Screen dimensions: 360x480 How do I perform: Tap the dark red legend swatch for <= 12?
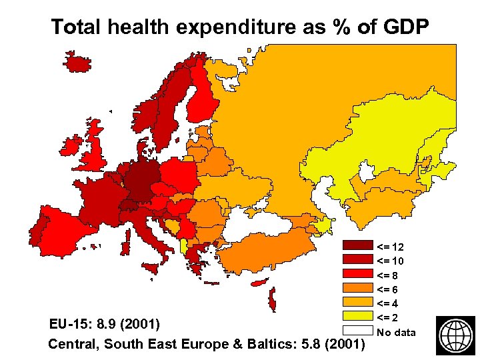coord(357,246)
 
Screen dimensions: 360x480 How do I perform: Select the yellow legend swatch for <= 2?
coord(357,316)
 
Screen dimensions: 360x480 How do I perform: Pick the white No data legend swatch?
coord(357,331)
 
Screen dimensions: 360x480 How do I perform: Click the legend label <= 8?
coord(389,275)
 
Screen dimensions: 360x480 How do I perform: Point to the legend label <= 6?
coord(389,289)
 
